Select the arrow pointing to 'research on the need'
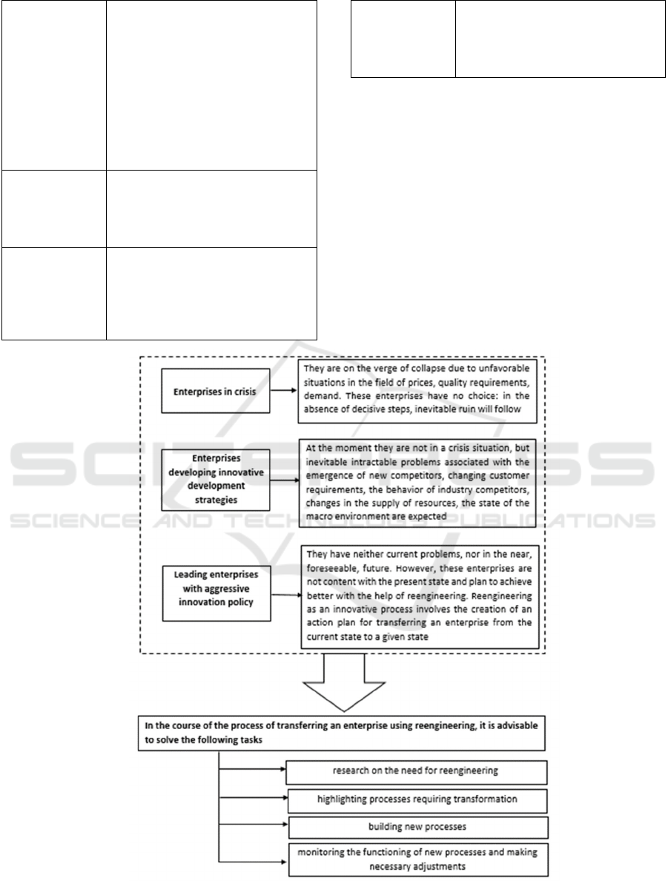(x=252, y=771)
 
